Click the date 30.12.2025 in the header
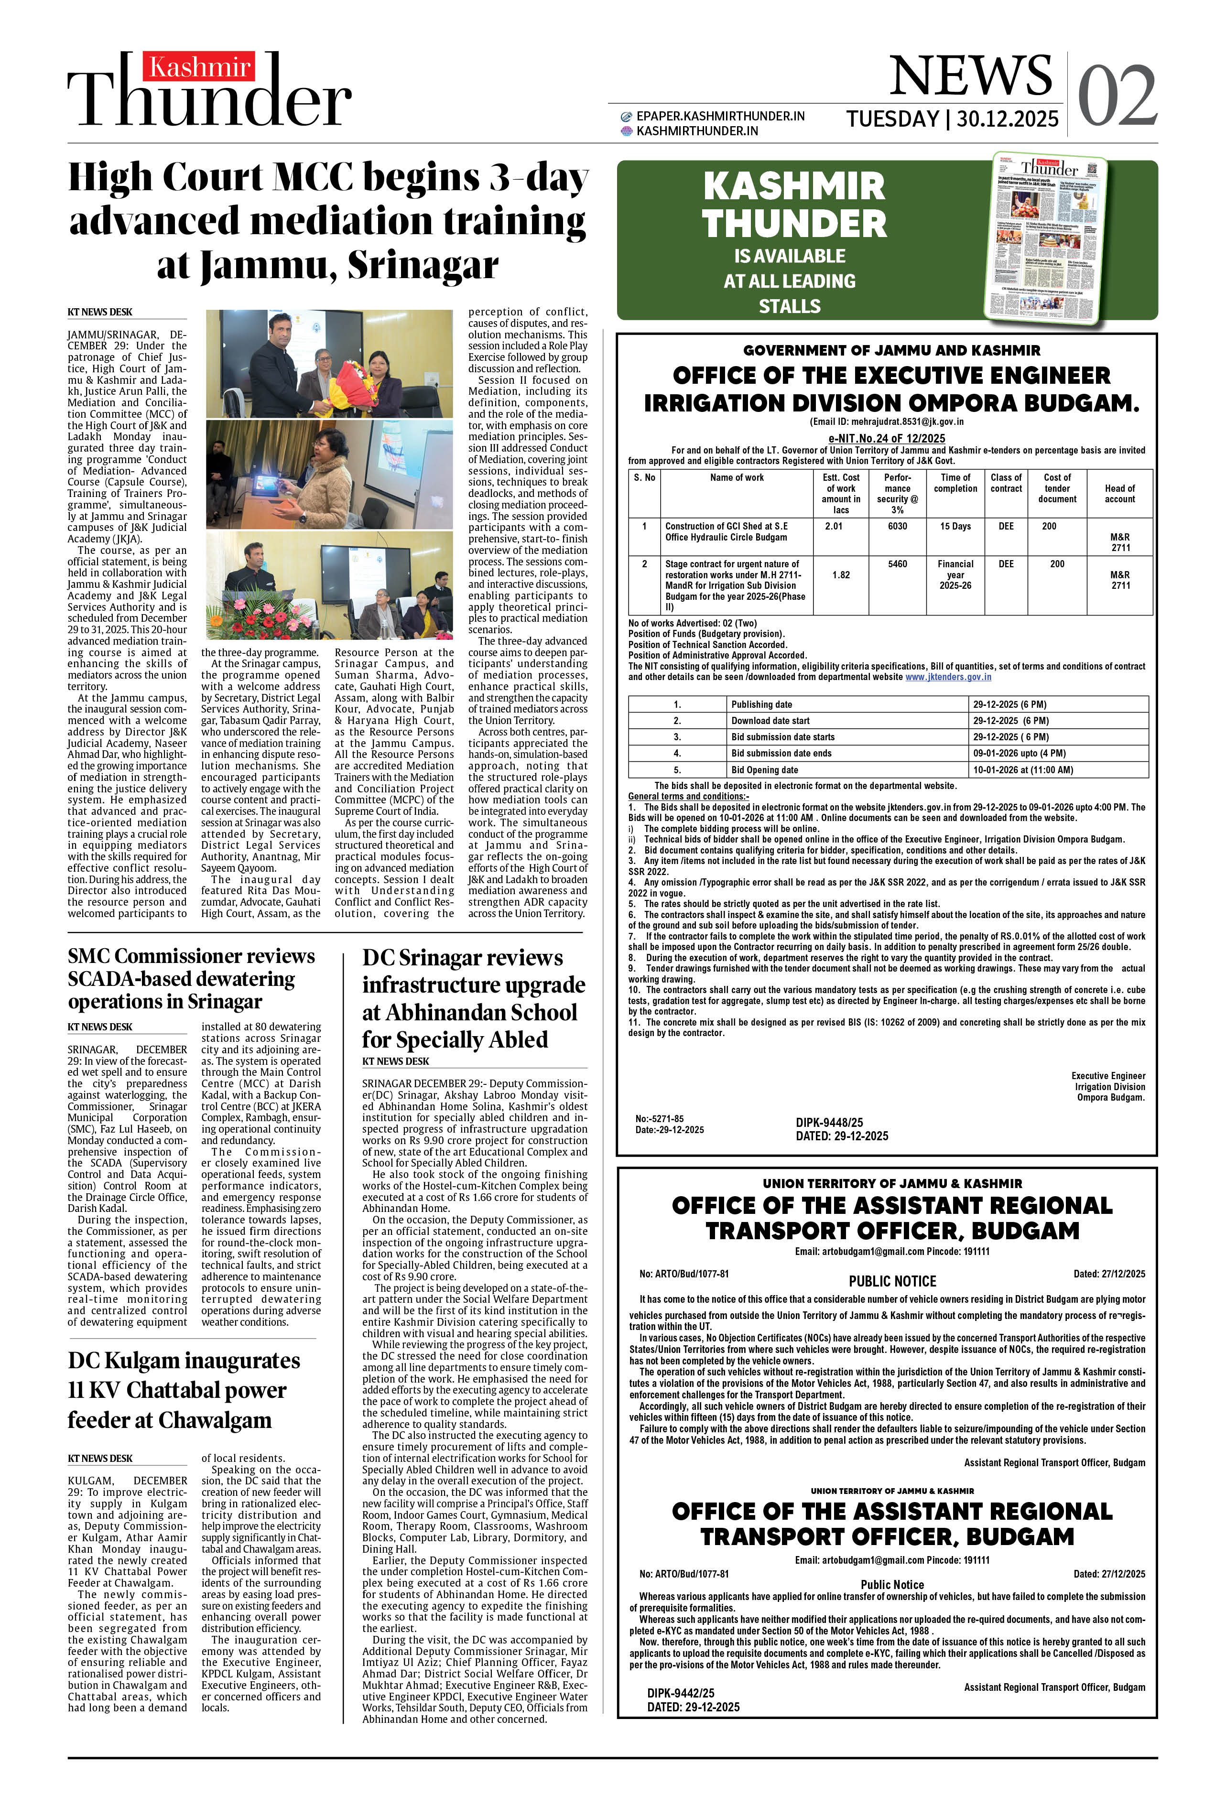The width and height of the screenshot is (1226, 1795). tap(1008, 119)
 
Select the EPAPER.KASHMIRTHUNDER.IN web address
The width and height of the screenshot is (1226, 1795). tap(720, 116)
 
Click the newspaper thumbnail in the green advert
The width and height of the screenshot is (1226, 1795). tap(1045, 237)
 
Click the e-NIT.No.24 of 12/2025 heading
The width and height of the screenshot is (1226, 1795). tap(886, 438)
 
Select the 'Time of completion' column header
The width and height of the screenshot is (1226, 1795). tap(955, 483)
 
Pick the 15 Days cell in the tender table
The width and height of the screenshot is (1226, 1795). tap(955, 526)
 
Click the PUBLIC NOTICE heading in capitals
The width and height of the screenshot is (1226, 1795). tap(892, 1281)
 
